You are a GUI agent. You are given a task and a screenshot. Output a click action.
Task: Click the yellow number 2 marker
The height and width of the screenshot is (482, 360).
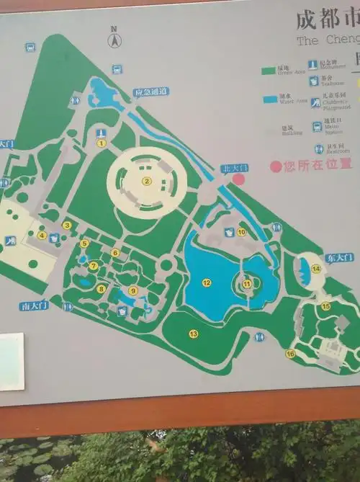(146, 181)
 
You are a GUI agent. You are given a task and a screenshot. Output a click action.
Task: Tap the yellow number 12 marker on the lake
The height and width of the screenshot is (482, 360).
(207, 282)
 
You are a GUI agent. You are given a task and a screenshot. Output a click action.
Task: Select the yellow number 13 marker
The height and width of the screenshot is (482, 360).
(193, 334)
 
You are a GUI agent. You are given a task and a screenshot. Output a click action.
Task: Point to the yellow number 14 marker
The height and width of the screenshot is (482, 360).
(316, 269)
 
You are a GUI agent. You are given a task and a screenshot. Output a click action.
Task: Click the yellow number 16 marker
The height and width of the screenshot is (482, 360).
(290, 354)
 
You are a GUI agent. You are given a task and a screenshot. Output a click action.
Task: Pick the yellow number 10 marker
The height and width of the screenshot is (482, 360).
(242, 232)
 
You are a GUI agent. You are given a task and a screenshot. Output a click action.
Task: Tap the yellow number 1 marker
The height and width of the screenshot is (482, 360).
(102, 143)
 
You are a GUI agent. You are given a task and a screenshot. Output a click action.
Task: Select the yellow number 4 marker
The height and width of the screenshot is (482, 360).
(42, 235)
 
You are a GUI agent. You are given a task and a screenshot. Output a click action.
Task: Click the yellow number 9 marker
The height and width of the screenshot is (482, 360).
(133, 290)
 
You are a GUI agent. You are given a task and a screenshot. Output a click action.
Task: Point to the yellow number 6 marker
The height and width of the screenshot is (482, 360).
(115, 252)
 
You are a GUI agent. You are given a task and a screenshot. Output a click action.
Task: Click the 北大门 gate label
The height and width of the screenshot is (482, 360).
(234, 167)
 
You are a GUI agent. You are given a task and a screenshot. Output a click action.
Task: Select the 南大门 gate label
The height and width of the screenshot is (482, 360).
(34, 305)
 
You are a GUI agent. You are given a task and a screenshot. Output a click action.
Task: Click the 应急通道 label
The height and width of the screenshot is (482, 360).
(150, 92)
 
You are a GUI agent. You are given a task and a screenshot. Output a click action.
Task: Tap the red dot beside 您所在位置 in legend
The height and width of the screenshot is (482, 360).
(275, 166)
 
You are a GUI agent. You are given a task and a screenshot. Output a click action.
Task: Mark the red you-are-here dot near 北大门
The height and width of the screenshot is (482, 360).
(238, 179)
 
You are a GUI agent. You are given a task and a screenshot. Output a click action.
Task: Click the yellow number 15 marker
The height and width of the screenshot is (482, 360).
(326, 305)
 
